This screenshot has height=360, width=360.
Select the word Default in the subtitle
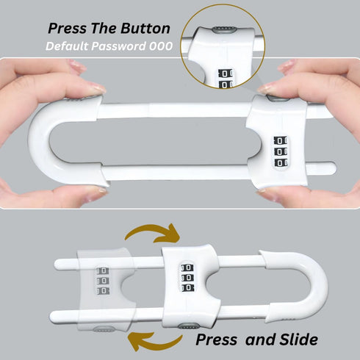tap(67, 46)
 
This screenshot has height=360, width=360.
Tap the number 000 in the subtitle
tap(160, 46)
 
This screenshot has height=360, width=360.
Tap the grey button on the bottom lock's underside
tap(188, 325)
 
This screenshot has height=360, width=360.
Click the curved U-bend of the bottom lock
tap(317, 287)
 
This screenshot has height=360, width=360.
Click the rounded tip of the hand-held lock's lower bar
tap(331, 168)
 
